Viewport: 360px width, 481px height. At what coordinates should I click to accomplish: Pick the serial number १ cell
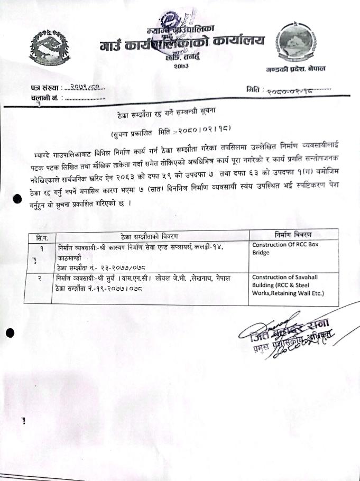click(41, 247)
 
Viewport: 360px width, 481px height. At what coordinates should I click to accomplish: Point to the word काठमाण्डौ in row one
click(70, 258)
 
